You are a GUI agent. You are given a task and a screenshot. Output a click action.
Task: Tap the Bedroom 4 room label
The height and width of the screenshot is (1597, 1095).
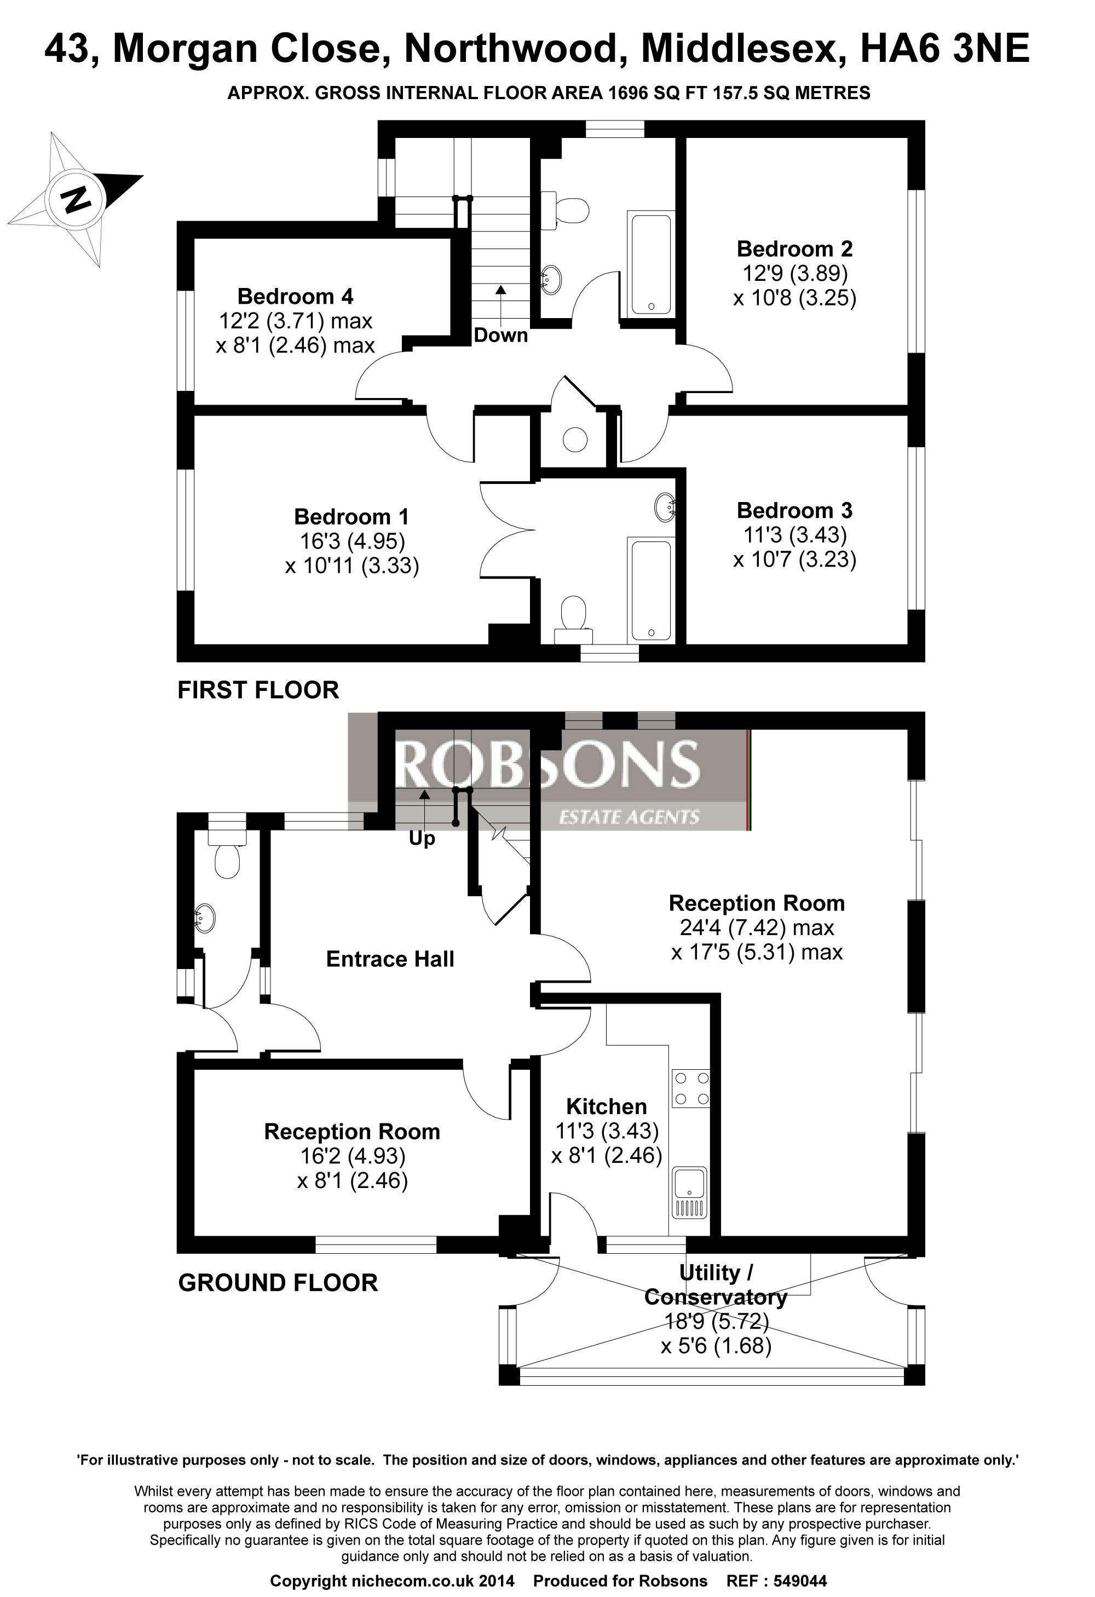coord(296,296)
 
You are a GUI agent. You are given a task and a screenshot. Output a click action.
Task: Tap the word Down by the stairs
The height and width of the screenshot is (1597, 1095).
coord(501,336)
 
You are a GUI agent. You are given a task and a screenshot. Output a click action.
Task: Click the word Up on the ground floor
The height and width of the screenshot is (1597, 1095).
coord(422,839)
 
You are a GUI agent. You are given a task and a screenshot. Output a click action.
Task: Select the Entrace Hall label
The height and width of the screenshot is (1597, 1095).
coord(390,959)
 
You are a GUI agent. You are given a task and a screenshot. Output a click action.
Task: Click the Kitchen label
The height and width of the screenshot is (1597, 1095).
coord(606,1106)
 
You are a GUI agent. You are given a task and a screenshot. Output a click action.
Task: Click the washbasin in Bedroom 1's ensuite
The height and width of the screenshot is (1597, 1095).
coord(665,507)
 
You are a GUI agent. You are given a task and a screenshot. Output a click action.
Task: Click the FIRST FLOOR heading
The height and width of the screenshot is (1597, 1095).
coord(258,690)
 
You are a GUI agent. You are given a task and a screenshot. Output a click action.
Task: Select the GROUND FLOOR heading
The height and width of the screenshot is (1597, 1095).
coord(278,1283)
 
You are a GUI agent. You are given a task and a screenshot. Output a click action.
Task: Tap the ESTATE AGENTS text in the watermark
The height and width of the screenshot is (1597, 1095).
coord(629,817)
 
